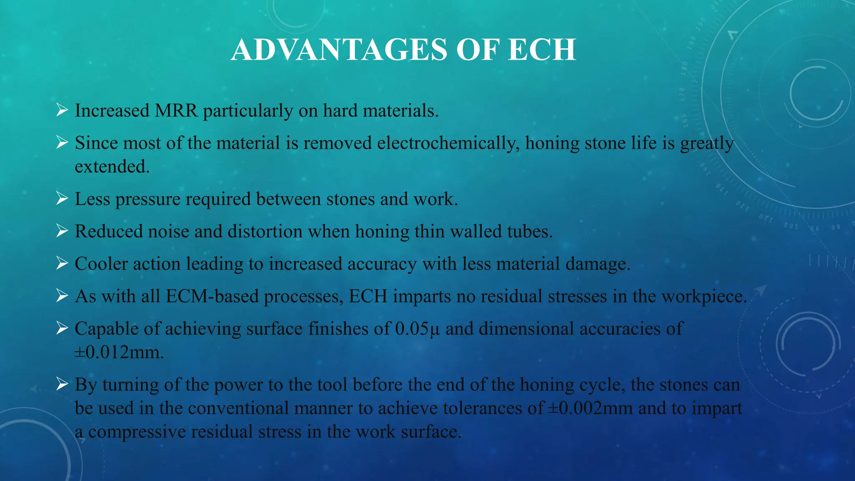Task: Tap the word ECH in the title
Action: tap(542, 50)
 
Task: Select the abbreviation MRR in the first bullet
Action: tap(176, 111)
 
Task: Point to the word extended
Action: tap(112, 167)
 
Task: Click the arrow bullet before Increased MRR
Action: tap(62, 111)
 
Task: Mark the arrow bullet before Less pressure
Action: tap(62, 199)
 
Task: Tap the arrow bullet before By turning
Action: tap(62, 384)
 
